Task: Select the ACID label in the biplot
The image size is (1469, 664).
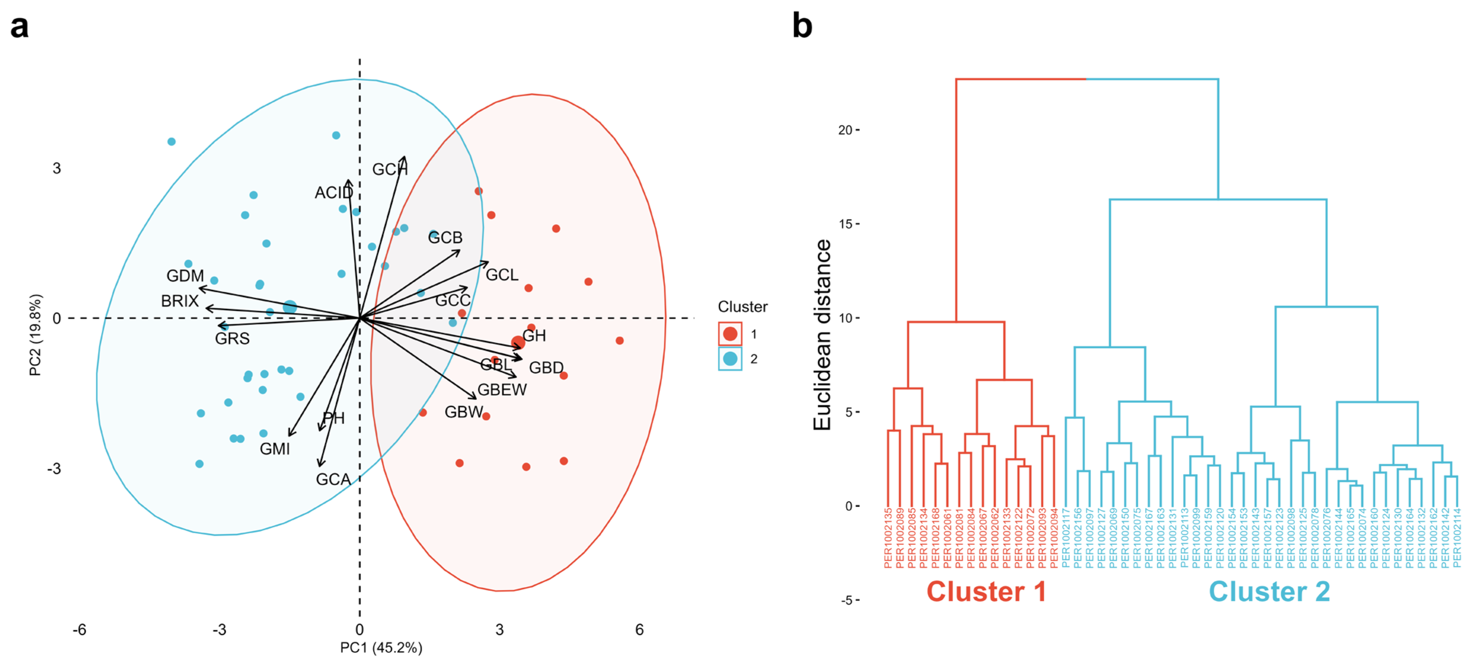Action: point(334,193)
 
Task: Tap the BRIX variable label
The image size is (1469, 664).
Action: point(180,301)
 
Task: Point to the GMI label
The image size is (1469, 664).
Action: point(275,449)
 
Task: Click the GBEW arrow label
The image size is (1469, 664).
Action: point(502,390)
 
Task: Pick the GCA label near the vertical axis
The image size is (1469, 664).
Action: point(333,479)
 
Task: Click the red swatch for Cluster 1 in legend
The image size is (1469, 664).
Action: point(730,334)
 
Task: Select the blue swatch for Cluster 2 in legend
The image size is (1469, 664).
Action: point(730,359)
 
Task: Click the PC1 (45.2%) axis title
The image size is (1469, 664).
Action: point(381,648)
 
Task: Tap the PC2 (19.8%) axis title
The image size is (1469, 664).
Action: point(35,335)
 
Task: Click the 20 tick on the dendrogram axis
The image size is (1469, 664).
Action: point(845,130)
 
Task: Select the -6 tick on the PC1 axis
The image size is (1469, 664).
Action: point(79,630)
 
